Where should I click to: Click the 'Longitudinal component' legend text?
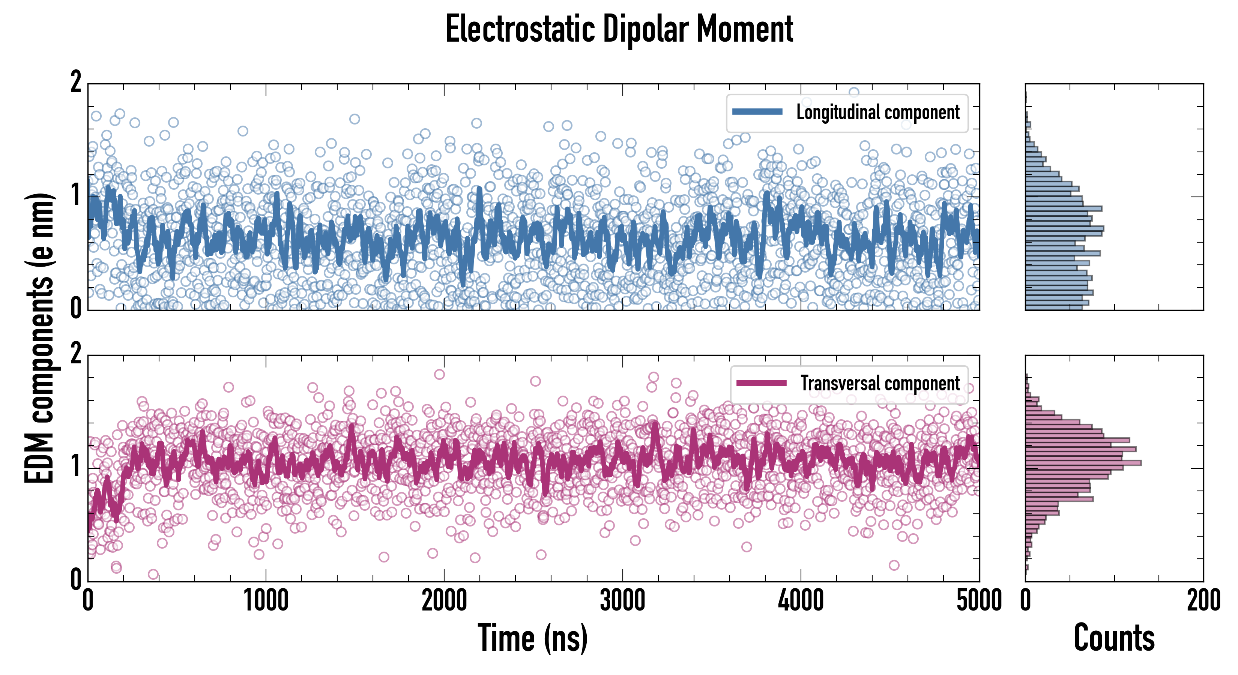tap(877, 112)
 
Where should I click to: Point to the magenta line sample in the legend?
tap(761, 383)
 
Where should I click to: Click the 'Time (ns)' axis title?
tap(532, 638)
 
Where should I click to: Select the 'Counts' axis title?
tap(1114, 638)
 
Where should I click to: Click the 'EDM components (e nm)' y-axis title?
tap(39, 338)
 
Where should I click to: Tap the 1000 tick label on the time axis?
tap(266, 601)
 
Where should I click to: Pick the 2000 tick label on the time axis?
tap(444, 601)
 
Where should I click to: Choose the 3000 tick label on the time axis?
tap(622, 601)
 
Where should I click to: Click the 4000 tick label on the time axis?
tap(801, 601)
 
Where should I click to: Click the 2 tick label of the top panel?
tap(76, 82)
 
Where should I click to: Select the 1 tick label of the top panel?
tap(76, 195)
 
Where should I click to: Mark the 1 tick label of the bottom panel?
tap(76, 466)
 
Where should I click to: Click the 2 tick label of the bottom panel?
tap(76, 354)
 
